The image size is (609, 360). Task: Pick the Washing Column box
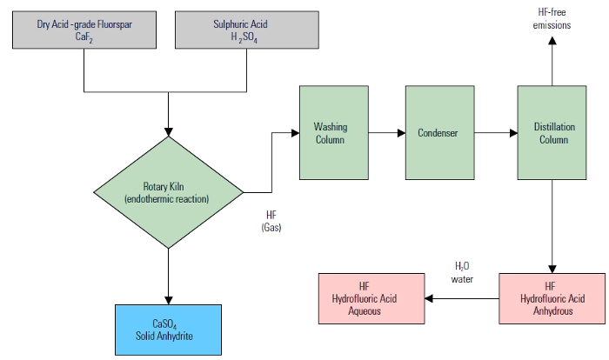point(330,133)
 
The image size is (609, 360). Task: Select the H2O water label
point(461,272)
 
